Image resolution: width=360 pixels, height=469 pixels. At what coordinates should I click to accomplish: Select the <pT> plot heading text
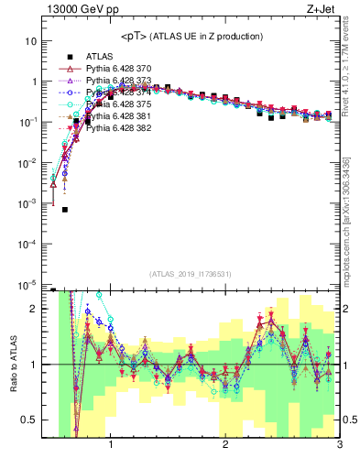[192, 36]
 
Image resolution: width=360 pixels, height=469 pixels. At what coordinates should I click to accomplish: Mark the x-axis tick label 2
[225, 446]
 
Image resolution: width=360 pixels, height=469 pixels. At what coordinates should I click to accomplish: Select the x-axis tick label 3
[339, 446]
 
